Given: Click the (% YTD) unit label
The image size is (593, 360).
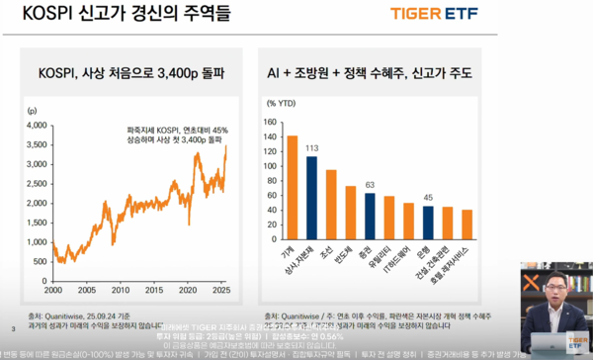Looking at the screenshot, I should point(283,102).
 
